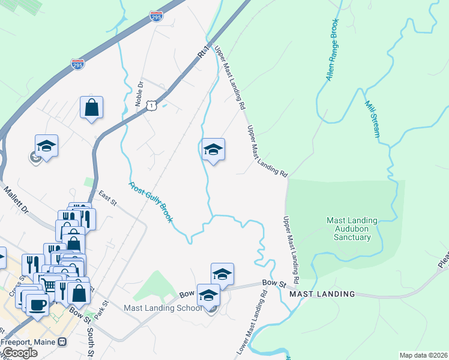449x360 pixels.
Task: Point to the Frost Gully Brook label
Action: [x=151, y=203]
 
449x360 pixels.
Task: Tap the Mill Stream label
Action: [x=372, y=119]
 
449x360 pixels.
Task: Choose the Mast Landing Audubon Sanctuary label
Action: [x=352, y=229]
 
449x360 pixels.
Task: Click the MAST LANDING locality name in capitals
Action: [x=322, y=294]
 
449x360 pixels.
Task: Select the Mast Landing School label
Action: [x=162, y=308]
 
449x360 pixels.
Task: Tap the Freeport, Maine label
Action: [x=28, y=342]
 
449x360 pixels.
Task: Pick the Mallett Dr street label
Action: [x=16, y=201]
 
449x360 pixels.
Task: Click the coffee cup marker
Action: [x=37, y=304]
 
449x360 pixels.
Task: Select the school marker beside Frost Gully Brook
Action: [x=212, y=149]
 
